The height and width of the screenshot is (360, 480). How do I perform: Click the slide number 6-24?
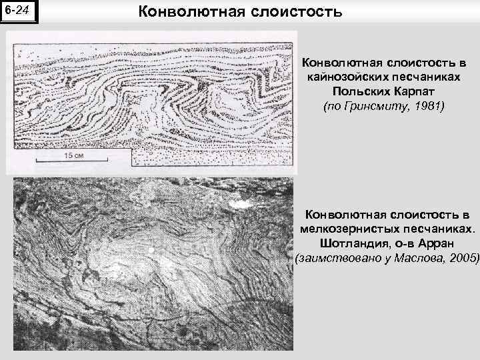pos(19,11)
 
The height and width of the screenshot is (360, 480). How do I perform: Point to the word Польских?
pos(357,92)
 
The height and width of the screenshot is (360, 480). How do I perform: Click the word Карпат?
pos(409,92)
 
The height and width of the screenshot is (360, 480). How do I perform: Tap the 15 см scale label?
pos(73,155)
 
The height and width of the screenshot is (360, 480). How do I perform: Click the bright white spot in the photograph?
pos(154,249)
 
